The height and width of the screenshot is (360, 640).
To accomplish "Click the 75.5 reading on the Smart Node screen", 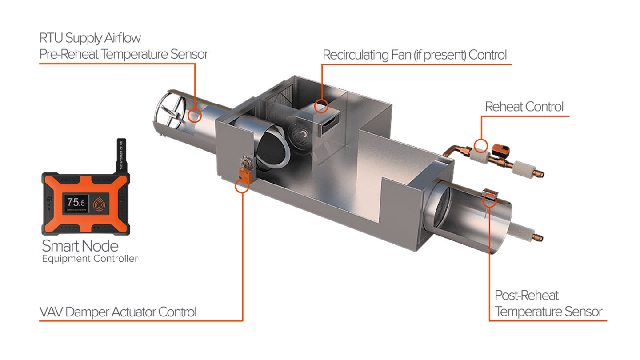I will [x=76, y=202].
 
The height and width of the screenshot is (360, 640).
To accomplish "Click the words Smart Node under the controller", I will [x=80, y=245].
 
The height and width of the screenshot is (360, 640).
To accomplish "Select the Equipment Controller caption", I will [x=90, y=258].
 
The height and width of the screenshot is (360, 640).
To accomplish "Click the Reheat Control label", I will [x=524, y=107].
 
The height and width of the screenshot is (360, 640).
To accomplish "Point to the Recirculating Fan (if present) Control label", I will [x=414, y=55].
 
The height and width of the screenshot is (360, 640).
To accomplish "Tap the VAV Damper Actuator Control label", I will [x=118, y=312].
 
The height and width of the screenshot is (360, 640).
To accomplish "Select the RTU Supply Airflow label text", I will [x=90, y=38].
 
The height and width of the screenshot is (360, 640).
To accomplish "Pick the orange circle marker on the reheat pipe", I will [x=480, y=145].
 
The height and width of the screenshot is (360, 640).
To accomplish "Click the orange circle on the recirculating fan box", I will [x=321, y=106].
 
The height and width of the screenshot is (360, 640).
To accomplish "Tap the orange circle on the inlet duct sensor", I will [x=195, y=116].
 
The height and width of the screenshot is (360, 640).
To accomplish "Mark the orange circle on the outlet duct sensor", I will [x=489, y=200].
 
